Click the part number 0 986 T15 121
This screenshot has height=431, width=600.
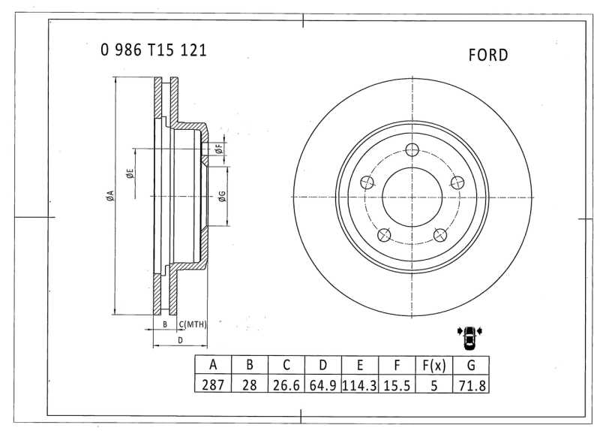(x=154, y=50)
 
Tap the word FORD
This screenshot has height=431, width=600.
(x=488, y=55)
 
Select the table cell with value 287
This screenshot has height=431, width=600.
(x=213, y=384)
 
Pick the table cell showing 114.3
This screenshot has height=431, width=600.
(x=360, y=384)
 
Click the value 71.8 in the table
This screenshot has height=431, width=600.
(x=471, y=384)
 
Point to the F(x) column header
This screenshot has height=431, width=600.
(x=434, y=365)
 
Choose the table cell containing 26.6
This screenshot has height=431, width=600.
(x=286, y=384)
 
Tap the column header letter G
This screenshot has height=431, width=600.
(x=471, y=365)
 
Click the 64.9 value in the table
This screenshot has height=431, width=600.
(x=323, y=384)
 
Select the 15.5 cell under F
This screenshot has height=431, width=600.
(x=397, y=384)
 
